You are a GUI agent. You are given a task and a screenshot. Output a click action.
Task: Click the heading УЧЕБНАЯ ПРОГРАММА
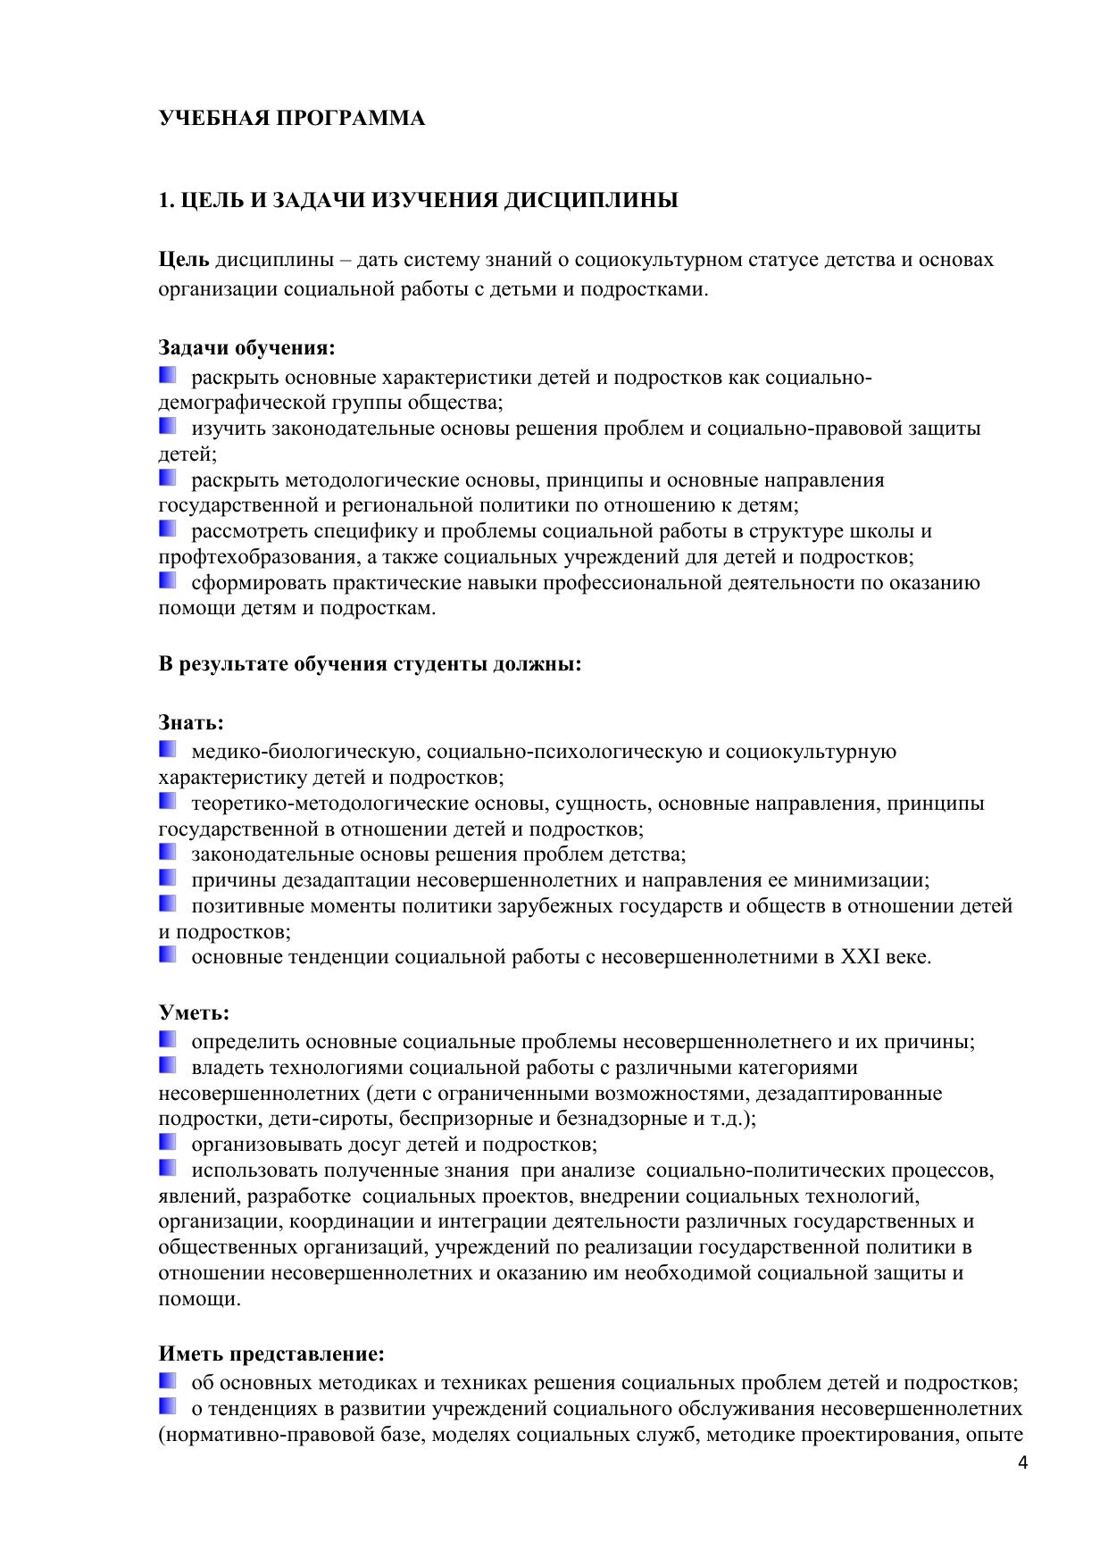click(x=291, y=119)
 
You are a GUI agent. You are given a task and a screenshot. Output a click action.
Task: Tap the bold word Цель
click(x=184, y=260)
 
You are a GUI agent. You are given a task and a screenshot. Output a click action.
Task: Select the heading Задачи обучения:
click(x=246, y=347)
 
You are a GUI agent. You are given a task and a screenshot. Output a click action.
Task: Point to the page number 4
click(x=1022, y=1463)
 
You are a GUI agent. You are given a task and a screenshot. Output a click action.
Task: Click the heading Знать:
click(x=191, y=722)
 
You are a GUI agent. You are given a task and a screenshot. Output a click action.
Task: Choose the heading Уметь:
click(x=194, y=1012)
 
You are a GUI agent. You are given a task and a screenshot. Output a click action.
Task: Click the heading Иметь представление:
click(x=271, y=1354)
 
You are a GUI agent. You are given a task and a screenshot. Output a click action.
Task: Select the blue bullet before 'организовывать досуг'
click(x=168, y=1142)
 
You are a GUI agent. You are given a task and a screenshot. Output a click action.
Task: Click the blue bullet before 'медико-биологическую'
click(x=168, y=749)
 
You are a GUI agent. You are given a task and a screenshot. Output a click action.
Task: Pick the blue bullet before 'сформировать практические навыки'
click(x=168, y=581)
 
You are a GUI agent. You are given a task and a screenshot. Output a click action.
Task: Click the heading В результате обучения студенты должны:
click(x=370, y=664)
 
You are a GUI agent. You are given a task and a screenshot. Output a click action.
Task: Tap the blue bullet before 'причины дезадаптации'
click(x=168, y=879)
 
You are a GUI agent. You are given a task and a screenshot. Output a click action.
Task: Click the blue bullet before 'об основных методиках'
click(x=168, y=1381)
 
